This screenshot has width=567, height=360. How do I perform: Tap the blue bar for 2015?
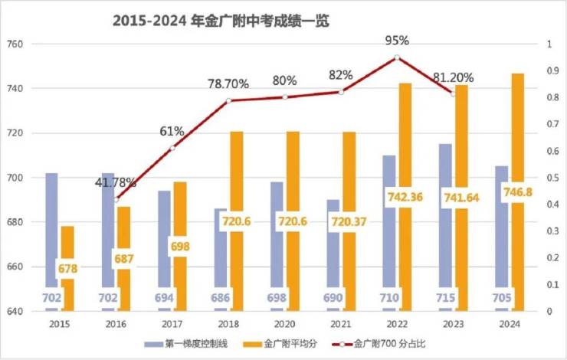[x=51, y=230]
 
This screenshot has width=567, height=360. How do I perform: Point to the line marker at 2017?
[x=172, y=148]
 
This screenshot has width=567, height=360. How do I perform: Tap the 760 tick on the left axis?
[x=17, y=44]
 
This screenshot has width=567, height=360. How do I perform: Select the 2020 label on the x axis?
[x=284, y=324]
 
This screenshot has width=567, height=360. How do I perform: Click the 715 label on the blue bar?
[x=445, y=298]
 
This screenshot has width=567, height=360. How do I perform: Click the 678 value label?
[x=67, y=269]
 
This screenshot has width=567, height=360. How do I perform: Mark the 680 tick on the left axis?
[x=17, y=222]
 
